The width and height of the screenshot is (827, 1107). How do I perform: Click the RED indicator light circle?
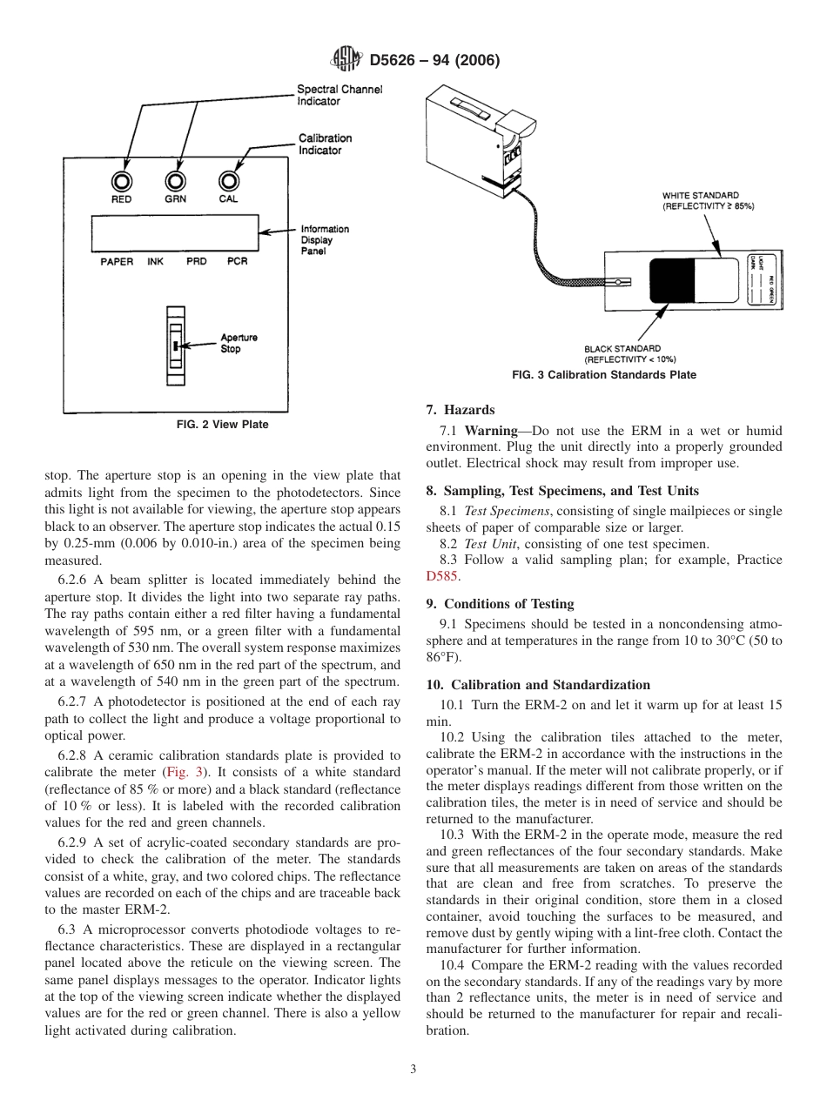121,181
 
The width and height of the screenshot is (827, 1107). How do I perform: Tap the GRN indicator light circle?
176,181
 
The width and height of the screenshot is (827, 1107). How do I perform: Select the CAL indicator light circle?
229,181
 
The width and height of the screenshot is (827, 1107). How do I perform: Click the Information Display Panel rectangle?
176,233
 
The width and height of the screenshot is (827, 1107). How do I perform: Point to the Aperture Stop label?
239,343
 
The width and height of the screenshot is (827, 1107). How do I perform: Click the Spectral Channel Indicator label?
340,95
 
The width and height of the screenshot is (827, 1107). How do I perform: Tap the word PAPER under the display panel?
117,262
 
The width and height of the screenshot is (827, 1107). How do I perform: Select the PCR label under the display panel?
237,262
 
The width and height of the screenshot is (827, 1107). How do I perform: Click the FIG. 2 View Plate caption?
223,425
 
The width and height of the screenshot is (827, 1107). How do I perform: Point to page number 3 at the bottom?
413,1070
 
